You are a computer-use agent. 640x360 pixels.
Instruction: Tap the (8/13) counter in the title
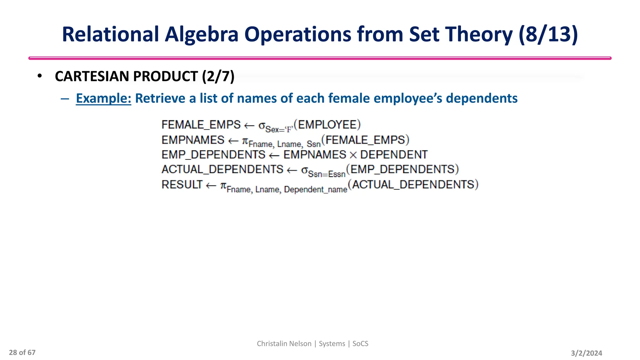[x=548, y=34]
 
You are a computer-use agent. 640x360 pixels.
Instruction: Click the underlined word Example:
[x=103, y=98]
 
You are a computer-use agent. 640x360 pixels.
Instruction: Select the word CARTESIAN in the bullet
[x=94, y=77]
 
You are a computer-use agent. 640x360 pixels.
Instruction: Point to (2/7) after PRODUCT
[x=218, y=77]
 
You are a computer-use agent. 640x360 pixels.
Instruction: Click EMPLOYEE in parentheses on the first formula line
[x=327, y=125]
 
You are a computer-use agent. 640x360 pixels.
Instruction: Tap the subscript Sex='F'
[x=279, y=129]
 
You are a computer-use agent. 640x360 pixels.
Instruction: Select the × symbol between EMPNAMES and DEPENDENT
[x=353, y=155]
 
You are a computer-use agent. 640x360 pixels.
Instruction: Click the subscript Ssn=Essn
[x=327, y=174]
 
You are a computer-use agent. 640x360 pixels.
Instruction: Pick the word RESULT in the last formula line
[x=182, y=185]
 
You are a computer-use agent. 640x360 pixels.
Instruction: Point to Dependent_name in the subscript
[x=315, y=190]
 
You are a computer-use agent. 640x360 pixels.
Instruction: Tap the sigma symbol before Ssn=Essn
[x=304, y=170]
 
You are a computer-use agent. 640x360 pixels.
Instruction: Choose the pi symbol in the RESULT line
[x=223, y=186]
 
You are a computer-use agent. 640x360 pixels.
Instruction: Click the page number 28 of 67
[x=22, y=352]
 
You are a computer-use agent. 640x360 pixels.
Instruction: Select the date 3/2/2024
[x=586, y=353]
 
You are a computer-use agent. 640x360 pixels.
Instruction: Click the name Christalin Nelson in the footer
[x=284, y=343]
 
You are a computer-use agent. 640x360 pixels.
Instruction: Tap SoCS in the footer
[x=360, y=343]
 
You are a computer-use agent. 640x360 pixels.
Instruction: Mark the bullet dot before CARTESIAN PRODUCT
[x=39, y=76]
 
